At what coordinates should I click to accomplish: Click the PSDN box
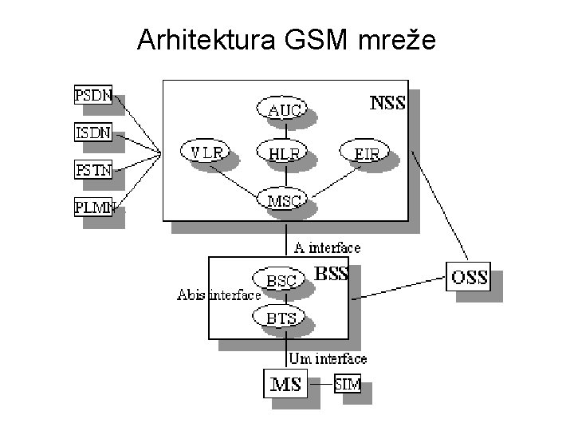tap(93, 95)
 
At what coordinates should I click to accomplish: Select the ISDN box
tap(93, 132)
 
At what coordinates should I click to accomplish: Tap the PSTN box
tap(93, 170)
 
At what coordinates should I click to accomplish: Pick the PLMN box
tap(93, 207)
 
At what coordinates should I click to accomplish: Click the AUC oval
tap(281, 108)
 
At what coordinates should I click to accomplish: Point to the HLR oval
tap(281, 152)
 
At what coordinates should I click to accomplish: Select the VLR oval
tap(205, 151)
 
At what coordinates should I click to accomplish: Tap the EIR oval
tap(364, 152)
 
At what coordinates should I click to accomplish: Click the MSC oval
tap(281, 199)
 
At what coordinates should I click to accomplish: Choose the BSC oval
tap(279, 279)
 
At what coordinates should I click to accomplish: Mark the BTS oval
tap(279, 317)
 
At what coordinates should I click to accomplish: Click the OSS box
tap(468, 277)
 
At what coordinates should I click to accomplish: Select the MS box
tap(285, 383)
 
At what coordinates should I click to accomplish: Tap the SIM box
tap(348, 383)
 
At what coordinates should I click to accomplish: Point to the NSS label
tap(387, 103)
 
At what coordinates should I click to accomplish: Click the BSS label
tap(332, 274)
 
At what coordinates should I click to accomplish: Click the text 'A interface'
tap(328, 248)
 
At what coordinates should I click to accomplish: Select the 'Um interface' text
tap(328, 358)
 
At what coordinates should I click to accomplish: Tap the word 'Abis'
tap(191, 295)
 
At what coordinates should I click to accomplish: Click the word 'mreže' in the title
tap(397, 39)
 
